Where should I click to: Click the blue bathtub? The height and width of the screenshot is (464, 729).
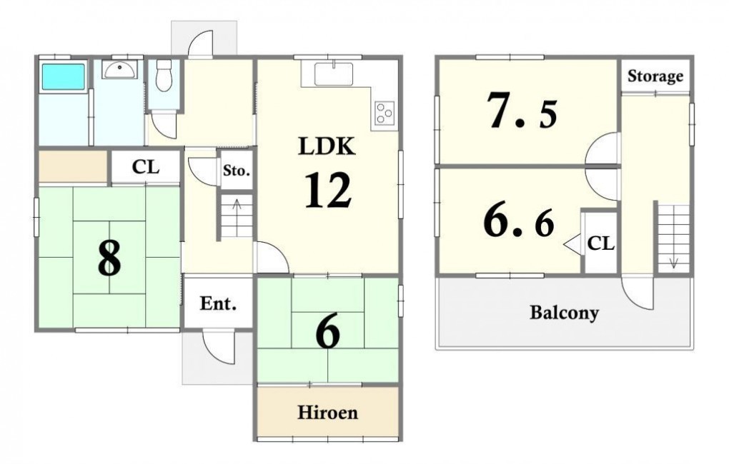[64, 76]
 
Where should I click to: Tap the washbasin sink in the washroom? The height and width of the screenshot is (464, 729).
[120, 70]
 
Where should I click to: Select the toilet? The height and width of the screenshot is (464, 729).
[163, 75]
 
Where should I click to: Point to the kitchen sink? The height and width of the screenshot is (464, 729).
[334, 74]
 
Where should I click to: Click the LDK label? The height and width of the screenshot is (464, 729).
[327, 147]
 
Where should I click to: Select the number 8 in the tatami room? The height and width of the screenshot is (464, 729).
[109, 258]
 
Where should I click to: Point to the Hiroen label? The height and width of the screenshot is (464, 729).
[328, 413]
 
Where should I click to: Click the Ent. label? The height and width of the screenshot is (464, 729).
[218, 304]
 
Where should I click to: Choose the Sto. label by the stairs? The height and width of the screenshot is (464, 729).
[237, 171]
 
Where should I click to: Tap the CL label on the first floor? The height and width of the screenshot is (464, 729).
[146, 167]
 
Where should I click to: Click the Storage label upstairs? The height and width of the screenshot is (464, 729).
[655, 76]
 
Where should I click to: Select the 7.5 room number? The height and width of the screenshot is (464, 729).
[522, 111]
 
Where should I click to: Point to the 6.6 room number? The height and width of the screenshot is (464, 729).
[520, 222]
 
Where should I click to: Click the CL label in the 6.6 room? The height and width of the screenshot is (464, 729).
[601, 243]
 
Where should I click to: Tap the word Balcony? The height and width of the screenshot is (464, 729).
[564, 313]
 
